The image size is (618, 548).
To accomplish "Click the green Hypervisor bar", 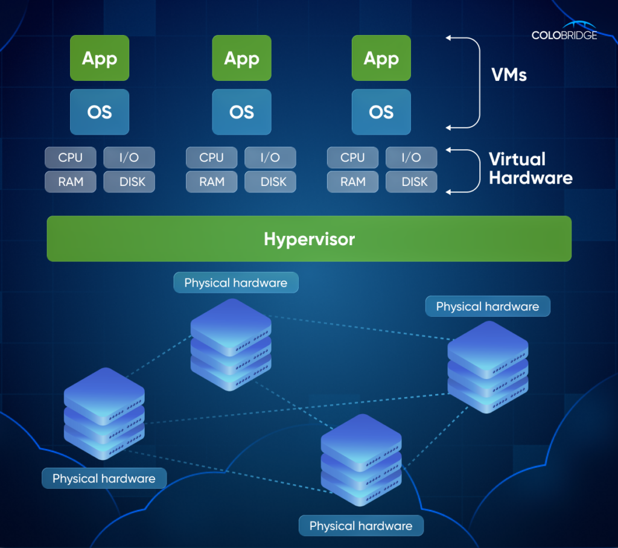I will [309, 239].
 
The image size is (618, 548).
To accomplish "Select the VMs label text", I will [509, 75].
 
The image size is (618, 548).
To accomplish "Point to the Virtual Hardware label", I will [530, 168].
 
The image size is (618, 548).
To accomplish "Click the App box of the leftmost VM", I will [100, 59].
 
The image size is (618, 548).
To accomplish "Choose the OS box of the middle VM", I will [241, 112].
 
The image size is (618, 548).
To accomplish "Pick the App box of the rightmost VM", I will [381, 59].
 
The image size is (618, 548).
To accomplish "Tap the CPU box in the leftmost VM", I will [71, 158].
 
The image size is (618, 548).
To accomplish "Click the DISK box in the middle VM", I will [270, 182].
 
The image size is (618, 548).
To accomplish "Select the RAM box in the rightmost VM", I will [352, 182].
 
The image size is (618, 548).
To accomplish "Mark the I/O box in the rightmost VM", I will [411, 158].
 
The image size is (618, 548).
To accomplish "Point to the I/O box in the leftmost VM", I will [129, 158].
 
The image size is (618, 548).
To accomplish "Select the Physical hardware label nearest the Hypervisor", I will [236, 282].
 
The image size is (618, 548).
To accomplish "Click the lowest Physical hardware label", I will [361, 526].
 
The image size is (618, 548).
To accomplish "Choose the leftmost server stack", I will [104, 413].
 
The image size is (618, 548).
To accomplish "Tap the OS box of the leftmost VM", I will [100, 112].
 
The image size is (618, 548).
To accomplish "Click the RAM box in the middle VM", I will [211, 182].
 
